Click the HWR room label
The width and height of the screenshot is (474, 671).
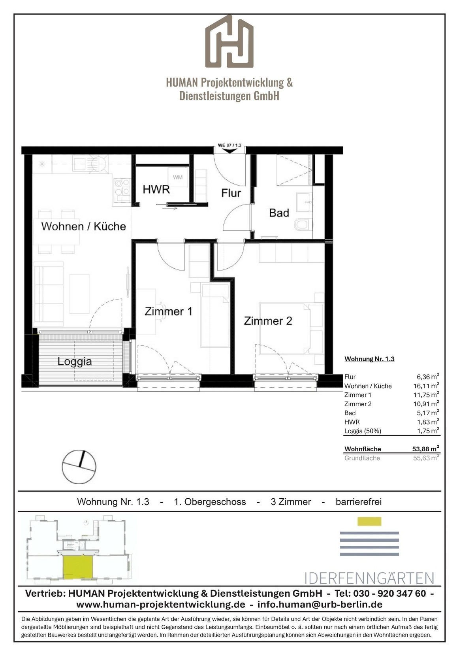[x=156, y=189]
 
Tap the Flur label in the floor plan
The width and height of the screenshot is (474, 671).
[x=231, y=193]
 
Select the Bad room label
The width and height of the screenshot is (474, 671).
[x=279, y=213]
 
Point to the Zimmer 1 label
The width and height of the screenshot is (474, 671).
[x=168, y=311]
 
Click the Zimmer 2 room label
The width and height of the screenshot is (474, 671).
[x=268, y=321]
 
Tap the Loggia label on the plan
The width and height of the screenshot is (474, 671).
[x=75, y=361]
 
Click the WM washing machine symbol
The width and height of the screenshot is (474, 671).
[x=178, y=177]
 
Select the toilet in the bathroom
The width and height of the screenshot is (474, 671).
[x=303, y=224]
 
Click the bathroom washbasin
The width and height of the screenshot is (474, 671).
[x=304, y=202]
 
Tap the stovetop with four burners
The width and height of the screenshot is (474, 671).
[x=122, y=187]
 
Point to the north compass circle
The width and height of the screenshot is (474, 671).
[x=79, y=467]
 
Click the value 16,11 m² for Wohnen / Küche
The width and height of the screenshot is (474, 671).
[x=426, y=386]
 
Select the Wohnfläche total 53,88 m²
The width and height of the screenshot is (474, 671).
[x=425, y=449]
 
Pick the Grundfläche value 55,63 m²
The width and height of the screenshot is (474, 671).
[x=426, y=458]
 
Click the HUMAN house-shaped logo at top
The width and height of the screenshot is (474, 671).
[x=229, y=41]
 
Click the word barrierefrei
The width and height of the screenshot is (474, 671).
[x=359, y=502]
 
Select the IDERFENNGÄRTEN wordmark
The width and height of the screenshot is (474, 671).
[x=369, y=578]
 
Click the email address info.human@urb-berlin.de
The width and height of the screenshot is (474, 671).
[x=320, y=605]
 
